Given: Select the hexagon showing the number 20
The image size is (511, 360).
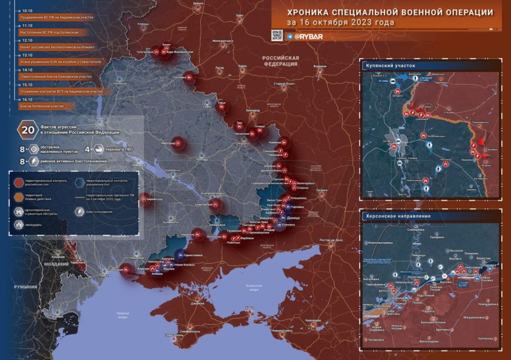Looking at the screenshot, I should [25, 130].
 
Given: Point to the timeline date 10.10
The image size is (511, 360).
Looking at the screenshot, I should [27, 10].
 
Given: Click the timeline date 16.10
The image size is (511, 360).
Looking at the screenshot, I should [27, 100].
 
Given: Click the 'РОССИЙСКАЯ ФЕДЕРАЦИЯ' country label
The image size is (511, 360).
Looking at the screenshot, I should [281, 61].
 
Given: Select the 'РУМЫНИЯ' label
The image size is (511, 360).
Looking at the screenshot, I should [26, 288].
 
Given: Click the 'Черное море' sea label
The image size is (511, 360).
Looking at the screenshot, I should [123, 314].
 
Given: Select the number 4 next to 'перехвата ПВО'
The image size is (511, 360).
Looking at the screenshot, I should [87, 150].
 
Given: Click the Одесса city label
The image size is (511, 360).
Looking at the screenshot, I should [105, 275].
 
